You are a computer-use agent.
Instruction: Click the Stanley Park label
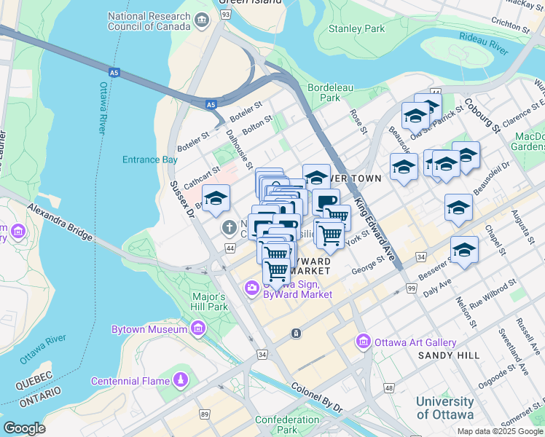coord(356,29)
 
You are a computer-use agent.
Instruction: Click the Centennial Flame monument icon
coord(180,380)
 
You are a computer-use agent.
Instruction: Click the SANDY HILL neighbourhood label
coord(449,355)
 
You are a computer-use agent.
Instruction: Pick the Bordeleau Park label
coord(324,92)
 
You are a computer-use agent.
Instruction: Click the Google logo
coord(25,428)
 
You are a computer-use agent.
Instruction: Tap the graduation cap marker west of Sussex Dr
coord(216,198)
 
